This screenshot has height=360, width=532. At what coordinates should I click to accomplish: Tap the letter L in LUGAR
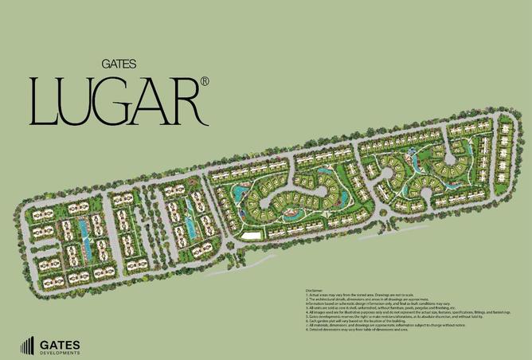click(45, 102)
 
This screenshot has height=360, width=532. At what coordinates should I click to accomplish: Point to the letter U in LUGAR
click(81, 103)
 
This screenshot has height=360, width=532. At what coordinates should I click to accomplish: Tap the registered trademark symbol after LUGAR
click(205, 81)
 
